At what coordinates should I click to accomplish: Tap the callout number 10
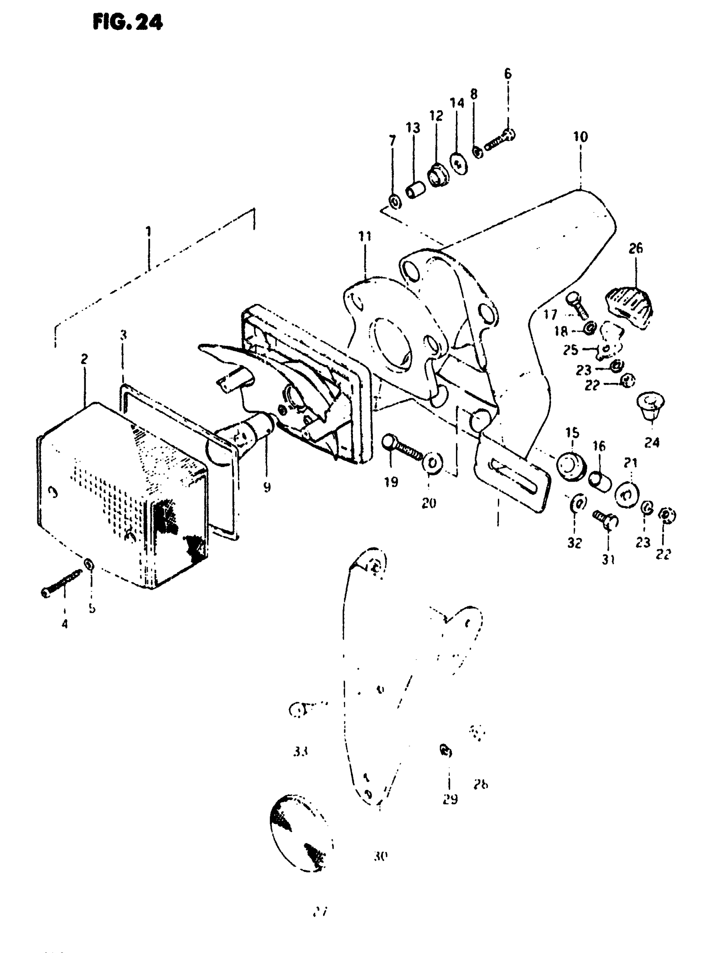point(580,137)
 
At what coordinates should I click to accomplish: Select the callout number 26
point(635,248)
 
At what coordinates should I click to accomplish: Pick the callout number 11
point(365,236)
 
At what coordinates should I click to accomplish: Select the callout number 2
point(84,359)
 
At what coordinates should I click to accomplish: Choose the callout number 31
point(608,559)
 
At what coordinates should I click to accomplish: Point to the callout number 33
point(301,751)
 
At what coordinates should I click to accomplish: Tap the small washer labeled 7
point(394,201)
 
